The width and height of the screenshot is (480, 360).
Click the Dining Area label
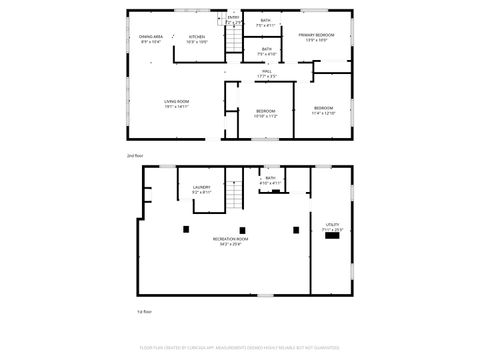(151, 39)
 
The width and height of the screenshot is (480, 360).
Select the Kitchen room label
(196, 39)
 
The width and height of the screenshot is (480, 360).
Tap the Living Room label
(177, 103)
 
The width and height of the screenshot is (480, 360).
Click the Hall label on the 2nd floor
(266, 73)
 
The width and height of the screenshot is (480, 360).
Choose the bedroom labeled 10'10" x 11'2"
(265, 113)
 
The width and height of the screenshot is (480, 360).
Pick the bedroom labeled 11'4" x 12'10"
(323, 110)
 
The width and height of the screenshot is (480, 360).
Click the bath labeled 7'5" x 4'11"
(265, 22)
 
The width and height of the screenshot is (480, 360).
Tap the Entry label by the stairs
(233, 19)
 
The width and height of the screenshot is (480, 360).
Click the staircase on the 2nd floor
(233, 41)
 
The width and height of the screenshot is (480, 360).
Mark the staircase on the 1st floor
(233, 190)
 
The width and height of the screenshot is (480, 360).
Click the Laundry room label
(201, 188)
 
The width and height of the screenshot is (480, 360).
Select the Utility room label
(332, 227)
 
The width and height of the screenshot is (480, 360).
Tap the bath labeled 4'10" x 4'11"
(270, 181)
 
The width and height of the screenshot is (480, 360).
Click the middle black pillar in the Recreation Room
(242, 231)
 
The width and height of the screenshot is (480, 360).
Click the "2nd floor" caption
(136, 156)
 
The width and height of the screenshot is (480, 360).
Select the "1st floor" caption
(144, 313)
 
